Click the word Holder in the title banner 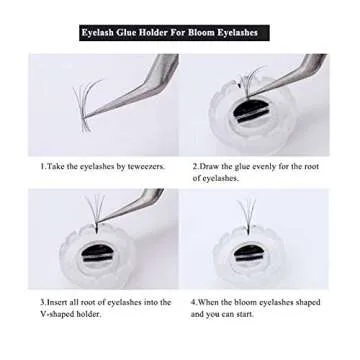click(155, 32)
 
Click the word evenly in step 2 click(267, 165)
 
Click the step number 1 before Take click(42, 165)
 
